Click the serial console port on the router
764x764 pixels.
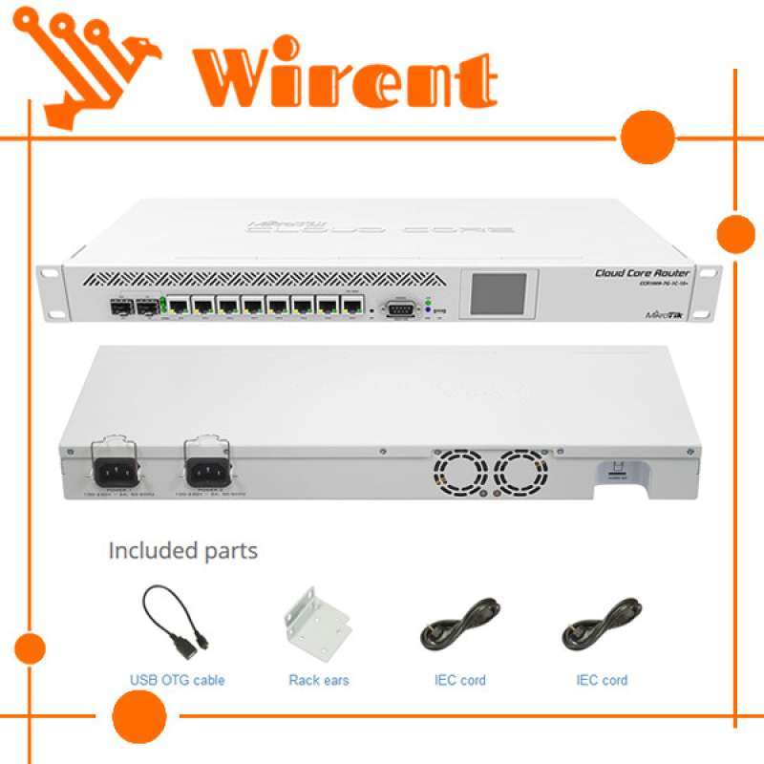click(400, 308)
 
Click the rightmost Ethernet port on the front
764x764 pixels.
click(353, 308)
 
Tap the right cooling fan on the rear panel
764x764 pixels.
click(521, 471)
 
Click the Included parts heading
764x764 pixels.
click(182, 551)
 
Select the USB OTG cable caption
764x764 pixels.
click(178, 681)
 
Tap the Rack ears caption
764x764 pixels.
click(318, 681)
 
